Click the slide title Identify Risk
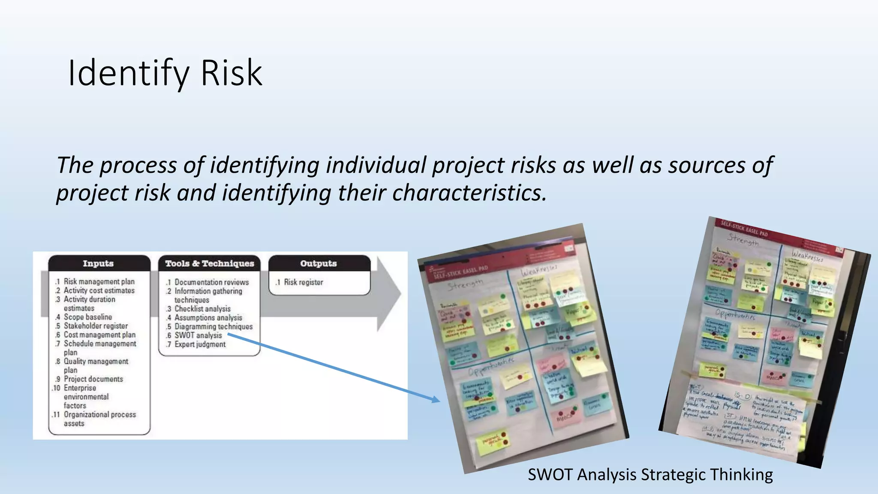point(165,73)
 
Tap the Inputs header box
point(99,263)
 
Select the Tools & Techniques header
point(210,263)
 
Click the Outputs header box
point(319,263)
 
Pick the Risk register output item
point(303,282)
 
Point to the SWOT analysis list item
point(198,335)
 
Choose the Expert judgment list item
point(199,344)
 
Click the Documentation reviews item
point(211,282)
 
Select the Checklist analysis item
point(202,309)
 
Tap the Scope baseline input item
point(87,317)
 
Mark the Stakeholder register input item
point(96,326)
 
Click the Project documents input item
point(93,379)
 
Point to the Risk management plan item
point(99,281)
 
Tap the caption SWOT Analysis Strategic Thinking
point(650,475)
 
